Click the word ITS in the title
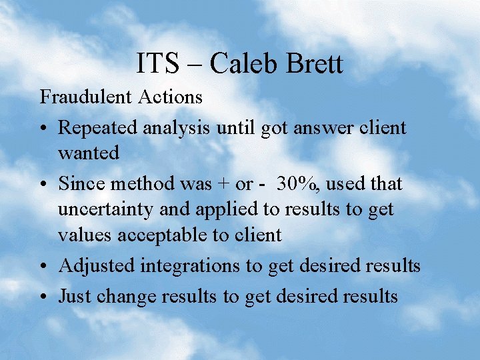(157, 64)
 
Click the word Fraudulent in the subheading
(87, 97)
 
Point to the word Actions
(171, 97)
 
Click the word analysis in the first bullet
(177, 127)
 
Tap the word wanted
(89, 153)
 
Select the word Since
(79, 182)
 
